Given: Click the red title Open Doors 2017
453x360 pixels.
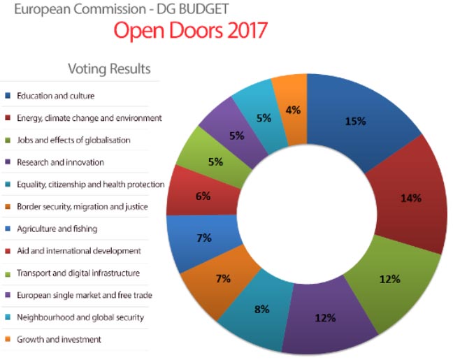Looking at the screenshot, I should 189,31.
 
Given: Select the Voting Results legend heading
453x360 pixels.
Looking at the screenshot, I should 109,69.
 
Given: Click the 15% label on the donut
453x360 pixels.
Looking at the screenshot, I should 355,121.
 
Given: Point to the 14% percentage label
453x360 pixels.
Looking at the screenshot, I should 410,198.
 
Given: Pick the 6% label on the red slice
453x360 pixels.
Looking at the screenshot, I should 203,196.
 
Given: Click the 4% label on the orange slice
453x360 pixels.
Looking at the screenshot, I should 293,110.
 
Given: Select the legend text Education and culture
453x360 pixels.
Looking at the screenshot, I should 57,96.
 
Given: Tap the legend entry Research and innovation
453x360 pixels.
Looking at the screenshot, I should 61,162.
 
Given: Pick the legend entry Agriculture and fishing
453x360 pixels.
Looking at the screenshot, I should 58,229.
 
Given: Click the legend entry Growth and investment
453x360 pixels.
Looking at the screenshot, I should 59,340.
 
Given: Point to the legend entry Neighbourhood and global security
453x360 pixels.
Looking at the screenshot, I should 81,317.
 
